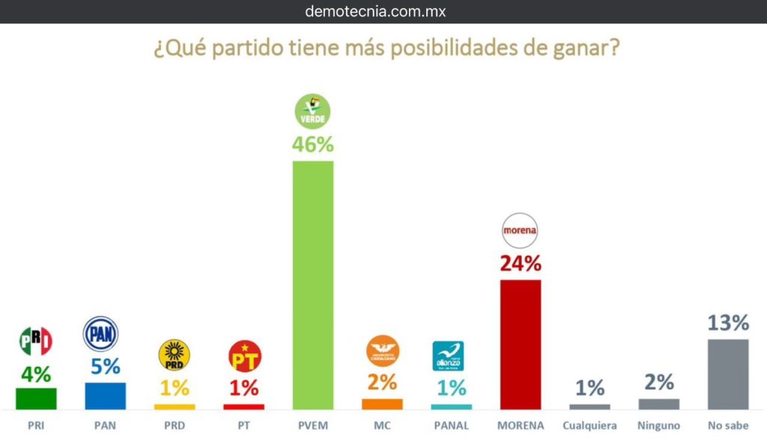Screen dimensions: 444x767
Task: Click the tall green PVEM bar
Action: click(312, 285)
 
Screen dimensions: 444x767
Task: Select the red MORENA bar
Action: click(520, 344)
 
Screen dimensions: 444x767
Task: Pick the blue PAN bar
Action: click(105, 395)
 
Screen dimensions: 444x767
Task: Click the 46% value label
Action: click(312, 144)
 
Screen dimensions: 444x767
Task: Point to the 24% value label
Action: click(520, 264)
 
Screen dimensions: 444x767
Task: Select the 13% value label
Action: click(727, 323)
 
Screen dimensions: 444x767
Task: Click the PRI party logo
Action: click(35, 341)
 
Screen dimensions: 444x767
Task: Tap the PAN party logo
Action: click(100, 334)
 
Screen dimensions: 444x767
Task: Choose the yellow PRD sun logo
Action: click(174, 355)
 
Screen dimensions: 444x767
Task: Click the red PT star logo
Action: click(244, 355)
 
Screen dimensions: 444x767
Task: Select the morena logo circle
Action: click(520, 230)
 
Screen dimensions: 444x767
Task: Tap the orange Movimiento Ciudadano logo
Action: click(382, 351)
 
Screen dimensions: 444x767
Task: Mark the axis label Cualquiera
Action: click(589, 427)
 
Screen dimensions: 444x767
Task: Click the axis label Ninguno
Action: click(658, 427)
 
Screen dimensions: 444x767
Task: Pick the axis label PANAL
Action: click(451, 427)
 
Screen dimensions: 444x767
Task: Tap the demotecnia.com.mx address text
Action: click(376, 11)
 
